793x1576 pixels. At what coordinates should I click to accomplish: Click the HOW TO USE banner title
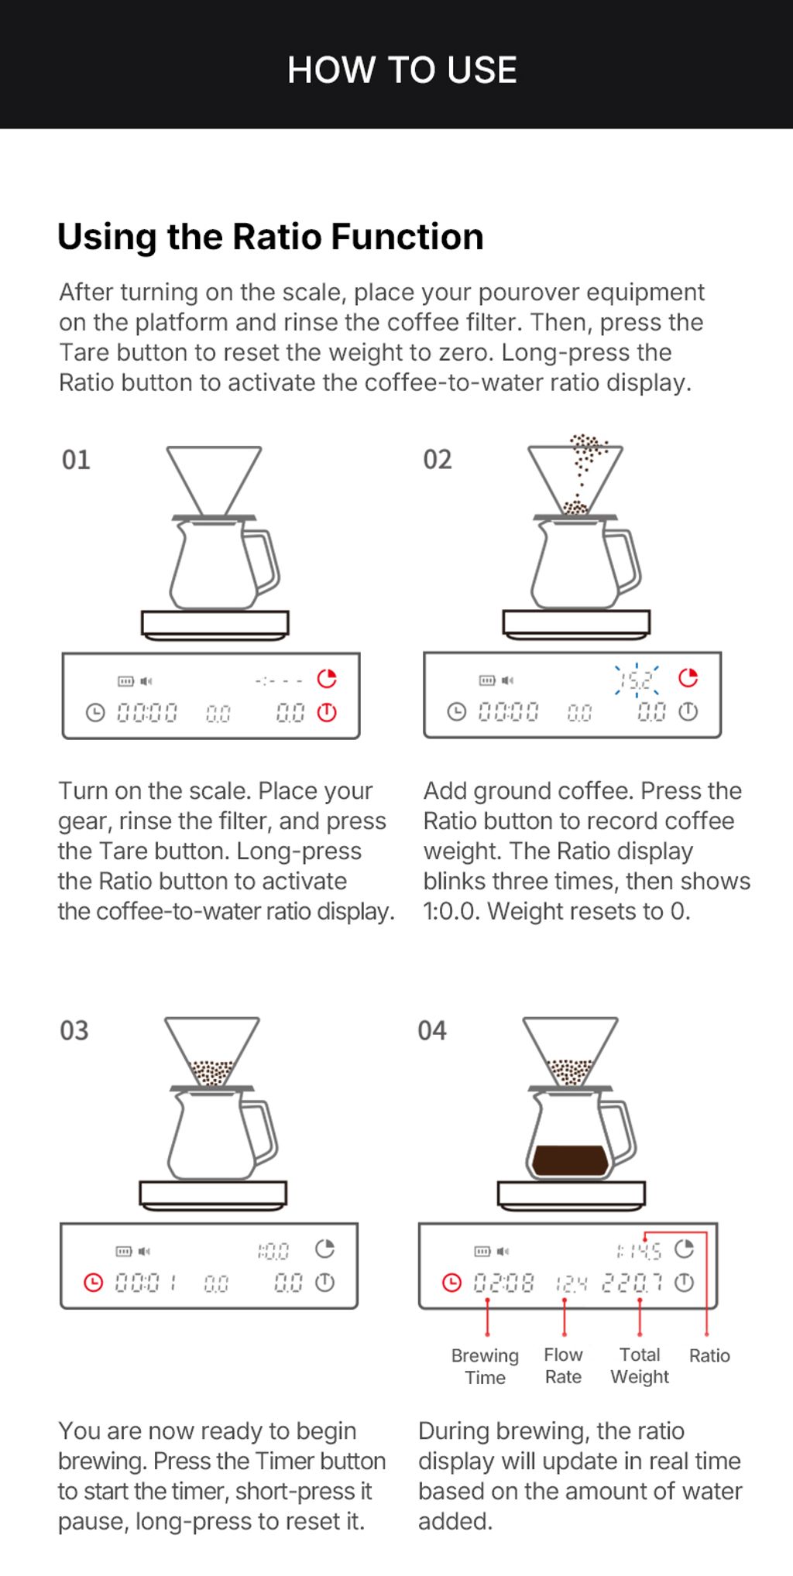[x=402, y=70]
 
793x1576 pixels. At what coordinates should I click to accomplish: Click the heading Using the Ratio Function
[x=270, y=237]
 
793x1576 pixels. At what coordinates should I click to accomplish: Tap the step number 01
[x=76, y=460]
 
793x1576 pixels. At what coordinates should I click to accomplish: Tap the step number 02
[x=438, y=460]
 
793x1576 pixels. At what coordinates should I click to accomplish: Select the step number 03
[x=74, y=1031]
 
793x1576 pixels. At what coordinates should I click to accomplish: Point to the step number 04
[x=432, y=1031]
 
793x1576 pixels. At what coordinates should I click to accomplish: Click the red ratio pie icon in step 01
[x=327, y=679]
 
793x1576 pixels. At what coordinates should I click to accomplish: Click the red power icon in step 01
[x=327, y=712]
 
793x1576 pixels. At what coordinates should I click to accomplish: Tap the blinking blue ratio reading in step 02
[x=637, y=680]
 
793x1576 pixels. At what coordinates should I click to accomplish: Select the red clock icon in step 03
[x=93, y=1283]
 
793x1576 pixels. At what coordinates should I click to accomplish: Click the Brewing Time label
[x=485, y=1366]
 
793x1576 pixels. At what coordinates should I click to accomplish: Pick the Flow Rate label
[x=563, y=1365]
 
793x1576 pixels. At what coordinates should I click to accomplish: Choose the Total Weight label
[x=640, y=1365]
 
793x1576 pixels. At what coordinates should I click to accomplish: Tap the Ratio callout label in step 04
[x=709, y=1355]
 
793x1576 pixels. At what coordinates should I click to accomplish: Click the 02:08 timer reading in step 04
[x=503, y=1283]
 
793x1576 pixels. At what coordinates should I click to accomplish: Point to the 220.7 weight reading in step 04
[x=632, y=1283]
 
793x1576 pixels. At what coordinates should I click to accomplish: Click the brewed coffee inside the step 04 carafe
[x=569, y=1160]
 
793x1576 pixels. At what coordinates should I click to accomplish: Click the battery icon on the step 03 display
[x=124, y=1251]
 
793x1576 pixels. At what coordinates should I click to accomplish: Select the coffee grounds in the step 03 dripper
[x=211, y=1073]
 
